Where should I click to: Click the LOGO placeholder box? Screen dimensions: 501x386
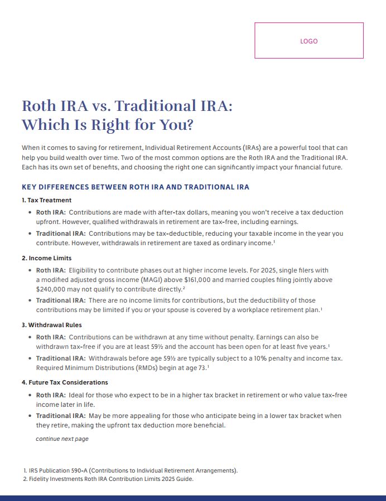(308, 41)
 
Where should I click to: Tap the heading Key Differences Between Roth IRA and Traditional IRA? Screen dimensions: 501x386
(136, 187)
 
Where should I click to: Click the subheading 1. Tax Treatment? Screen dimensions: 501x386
(47, 200)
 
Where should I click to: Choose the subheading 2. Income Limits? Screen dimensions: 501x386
(47, 258)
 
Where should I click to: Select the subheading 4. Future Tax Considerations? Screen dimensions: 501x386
(65, 382)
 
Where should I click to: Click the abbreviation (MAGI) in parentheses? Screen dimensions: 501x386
(181, 279)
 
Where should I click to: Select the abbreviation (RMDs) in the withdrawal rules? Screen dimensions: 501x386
(149, 368)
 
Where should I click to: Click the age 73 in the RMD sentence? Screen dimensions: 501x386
(202, 368)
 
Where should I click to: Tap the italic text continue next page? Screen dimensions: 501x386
(62, 439)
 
